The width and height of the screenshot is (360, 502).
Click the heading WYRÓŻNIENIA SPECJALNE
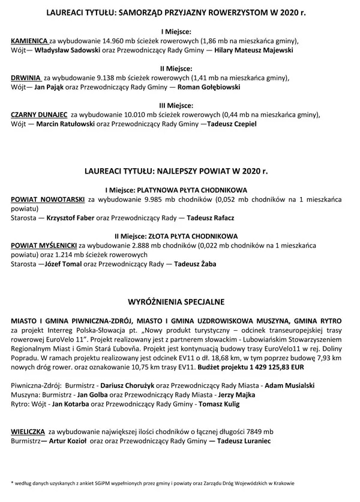(180, 298)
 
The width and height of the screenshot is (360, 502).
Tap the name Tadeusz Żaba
(195, 264)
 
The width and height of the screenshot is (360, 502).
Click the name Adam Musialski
(290, 385)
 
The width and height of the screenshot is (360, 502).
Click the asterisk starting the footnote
(12, 482)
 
